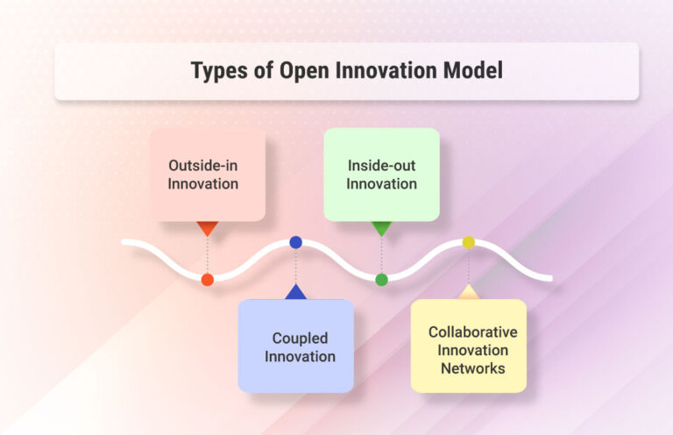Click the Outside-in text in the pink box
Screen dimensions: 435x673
pos(204,165)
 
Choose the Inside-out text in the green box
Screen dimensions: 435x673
pos(381,165)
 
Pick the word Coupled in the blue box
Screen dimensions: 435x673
pos(300,338)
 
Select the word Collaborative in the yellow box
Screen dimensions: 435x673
pos(472,332)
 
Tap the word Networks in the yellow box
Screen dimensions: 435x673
pos(472,368)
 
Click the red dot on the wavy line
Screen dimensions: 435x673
pos(207,280)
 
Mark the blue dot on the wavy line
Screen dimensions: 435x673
pos(295,242)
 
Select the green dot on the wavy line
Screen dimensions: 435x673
pos(381,280)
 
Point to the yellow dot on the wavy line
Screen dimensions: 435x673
pos(469,242)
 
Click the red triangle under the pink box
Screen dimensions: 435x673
pos(207,228)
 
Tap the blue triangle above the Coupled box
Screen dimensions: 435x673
pos(295,292)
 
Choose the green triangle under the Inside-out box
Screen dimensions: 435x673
pos(381,228)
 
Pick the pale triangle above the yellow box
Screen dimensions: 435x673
pos(469,292)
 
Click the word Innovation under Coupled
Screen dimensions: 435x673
pos(300,356)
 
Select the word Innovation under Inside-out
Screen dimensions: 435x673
pos(381,183)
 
